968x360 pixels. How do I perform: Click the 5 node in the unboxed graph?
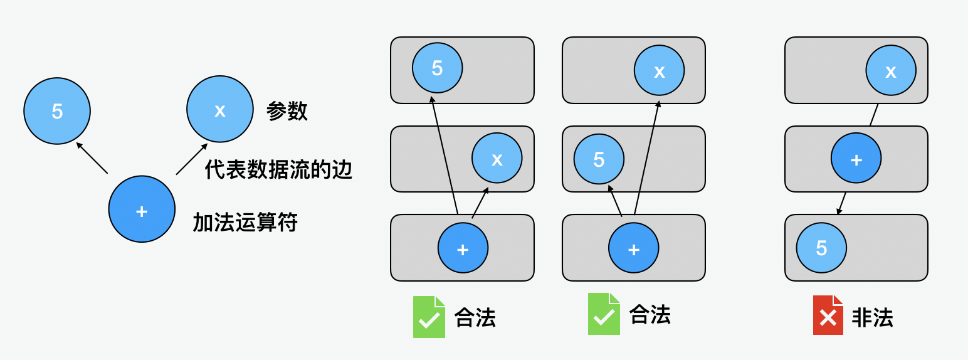tap(57, 111)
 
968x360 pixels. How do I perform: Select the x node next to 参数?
tap(219, 109)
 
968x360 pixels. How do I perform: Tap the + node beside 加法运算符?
tap(142, 209)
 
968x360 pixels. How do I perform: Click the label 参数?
tap(287, 111)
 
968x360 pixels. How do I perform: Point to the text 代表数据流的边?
tap(278, 169)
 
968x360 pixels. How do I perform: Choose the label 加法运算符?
tap(245, 222)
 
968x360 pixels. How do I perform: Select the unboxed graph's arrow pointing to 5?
tap(92, 157)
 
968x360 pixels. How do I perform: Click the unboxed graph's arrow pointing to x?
tap(191, 159)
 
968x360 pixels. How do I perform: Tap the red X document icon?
tap(828, 315)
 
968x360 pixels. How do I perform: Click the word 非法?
tap(872, 318)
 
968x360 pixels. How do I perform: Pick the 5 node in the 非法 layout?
tap(821, 248)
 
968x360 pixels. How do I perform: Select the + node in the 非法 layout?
tap(856, 159)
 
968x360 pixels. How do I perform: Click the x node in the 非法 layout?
tap(891, 70)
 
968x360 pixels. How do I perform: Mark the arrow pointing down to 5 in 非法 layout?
tap(842, 203)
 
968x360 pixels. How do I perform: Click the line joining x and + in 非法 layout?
tap(873, 115)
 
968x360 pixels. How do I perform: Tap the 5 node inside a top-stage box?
tap(438, 68)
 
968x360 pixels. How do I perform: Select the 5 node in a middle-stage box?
tap(599, 159)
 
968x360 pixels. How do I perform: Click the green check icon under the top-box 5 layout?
tap(429, 317)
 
